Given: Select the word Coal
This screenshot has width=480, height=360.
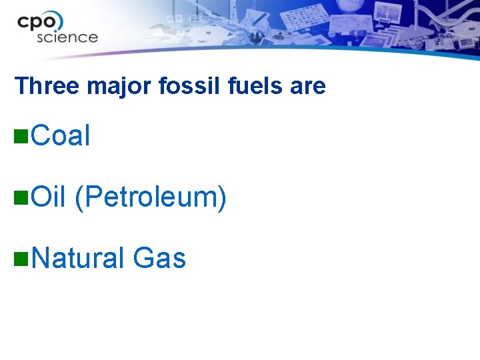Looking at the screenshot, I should [x=60, y=136].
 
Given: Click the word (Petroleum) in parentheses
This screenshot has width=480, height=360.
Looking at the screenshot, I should [x=151, y=197].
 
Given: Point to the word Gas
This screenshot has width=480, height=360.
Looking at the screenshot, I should [x=159, y=258].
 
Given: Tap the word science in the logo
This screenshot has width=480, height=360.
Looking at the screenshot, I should [x=67, y=37].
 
